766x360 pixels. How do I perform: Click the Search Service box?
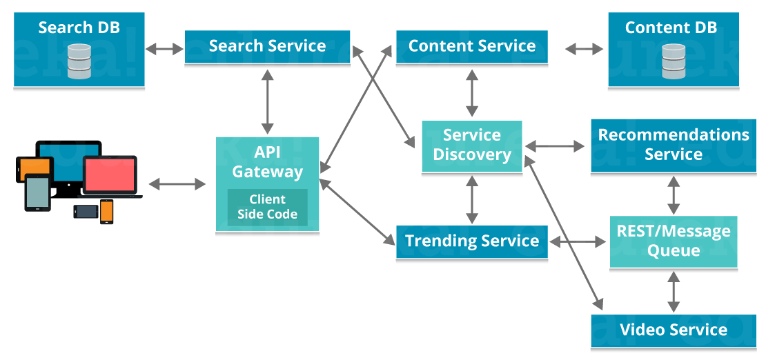(267, 47)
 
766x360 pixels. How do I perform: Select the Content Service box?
(472, 47)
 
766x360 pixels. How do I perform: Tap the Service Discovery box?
(472, 146)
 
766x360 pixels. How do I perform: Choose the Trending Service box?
(472, 241)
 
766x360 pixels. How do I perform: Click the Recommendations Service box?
(673, 145)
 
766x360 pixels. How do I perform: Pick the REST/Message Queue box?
(673, 241)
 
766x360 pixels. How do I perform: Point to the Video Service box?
(673, 330)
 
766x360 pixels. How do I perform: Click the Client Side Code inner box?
(267, 207)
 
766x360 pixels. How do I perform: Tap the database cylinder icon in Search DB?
(79, 61)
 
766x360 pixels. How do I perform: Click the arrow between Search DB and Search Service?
(164, 48)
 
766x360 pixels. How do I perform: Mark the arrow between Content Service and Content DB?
(584, 49)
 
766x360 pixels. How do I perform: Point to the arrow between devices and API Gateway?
(177, 183)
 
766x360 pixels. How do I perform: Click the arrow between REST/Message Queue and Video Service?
(673, 291)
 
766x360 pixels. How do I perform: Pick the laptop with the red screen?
(110, 176)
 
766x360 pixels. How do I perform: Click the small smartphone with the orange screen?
(106, 211)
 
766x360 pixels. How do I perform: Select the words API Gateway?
(267, 162)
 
